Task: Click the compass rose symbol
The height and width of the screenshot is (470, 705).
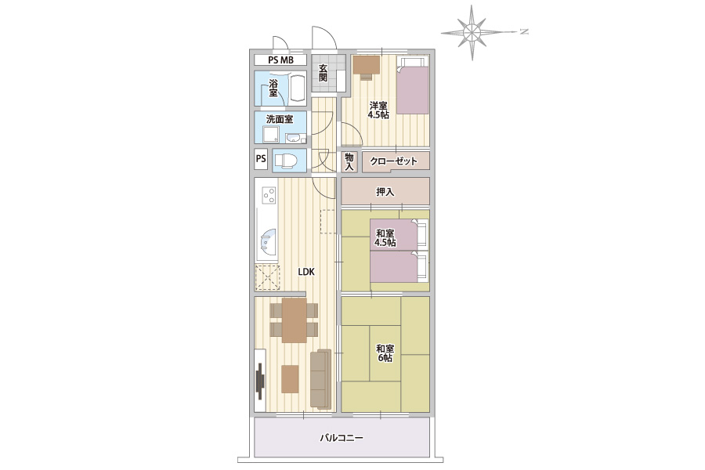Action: tap(472, 32)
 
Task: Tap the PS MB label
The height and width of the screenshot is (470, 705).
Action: tap(280, 60)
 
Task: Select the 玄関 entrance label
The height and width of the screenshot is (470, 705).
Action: tap(323, 73)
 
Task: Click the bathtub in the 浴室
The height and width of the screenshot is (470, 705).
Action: tap(297, 89)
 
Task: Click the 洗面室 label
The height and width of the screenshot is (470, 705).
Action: tap(280, 119)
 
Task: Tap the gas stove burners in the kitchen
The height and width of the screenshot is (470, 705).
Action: tap(269, 195)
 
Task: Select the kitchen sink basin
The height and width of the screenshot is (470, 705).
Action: tap(268, 244)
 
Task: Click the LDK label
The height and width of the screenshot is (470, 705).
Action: tap(306, 272)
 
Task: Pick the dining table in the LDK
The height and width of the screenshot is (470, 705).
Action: tap(295, 320)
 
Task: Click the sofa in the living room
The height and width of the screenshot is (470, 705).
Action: tap(320, 378)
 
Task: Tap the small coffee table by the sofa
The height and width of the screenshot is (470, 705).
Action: tap(290, 378)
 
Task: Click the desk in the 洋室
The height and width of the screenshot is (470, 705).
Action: tap(367, 65)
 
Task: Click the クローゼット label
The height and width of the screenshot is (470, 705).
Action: tap(393, 161)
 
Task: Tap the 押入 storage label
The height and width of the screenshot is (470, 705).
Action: tap(385, 192)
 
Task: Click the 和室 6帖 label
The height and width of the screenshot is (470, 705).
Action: tap(385, 353)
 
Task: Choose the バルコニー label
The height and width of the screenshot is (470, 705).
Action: tap(342, 438)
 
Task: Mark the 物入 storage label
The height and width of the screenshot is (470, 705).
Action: tap(349, 162)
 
